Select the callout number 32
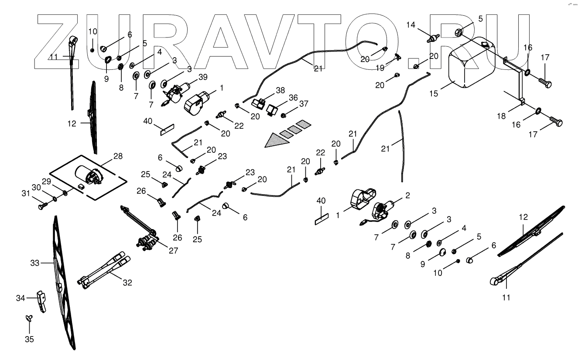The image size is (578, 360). tap(127, 282)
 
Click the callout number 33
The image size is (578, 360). tap(35, 263)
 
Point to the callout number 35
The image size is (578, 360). tap(30, 339)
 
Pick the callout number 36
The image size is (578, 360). tap(293, 97)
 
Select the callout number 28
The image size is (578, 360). tap(118, 156)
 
